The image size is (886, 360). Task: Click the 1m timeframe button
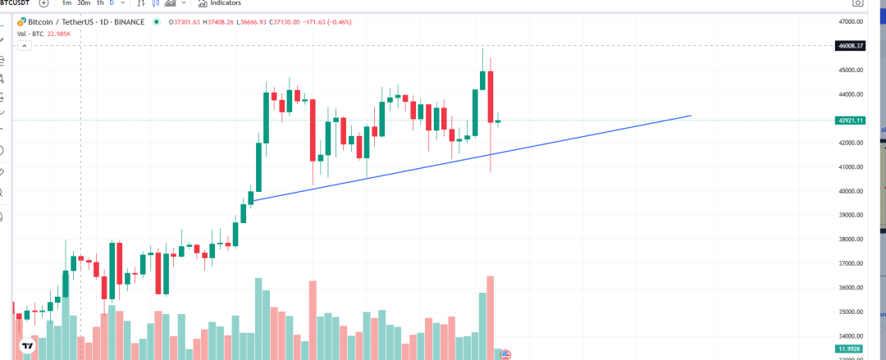(66, 2)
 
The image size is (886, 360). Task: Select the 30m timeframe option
(83, 2)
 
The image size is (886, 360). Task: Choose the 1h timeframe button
(99, 2)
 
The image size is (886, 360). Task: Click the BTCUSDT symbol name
(14, 2)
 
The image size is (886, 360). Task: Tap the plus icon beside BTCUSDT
(43, 2)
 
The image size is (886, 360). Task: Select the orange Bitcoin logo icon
(21, 22)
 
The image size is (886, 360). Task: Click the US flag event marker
(505, 354)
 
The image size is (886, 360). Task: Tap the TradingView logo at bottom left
(27, 346)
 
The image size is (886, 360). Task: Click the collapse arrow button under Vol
(25, 46)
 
